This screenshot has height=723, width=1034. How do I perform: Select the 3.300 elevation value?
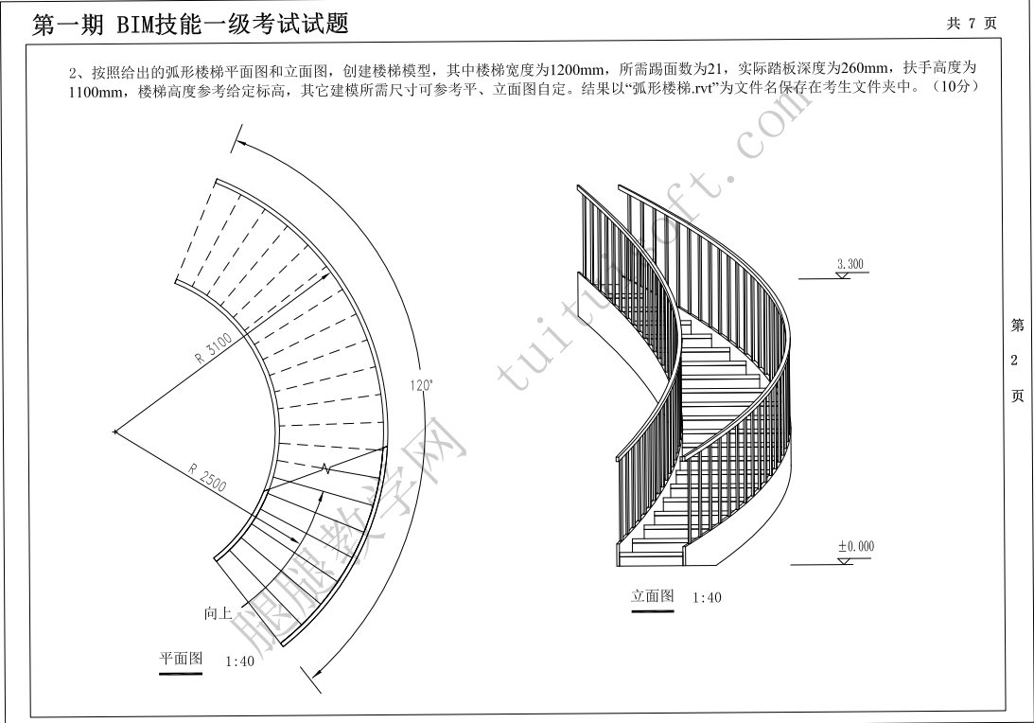coord(850,265)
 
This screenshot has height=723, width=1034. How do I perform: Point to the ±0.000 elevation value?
coord(855,546)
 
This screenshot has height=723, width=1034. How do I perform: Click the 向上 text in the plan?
coord(218,613)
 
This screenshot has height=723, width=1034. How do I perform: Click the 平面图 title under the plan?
coord(181,659)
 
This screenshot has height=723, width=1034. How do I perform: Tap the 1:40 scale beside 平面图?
coord(239,661)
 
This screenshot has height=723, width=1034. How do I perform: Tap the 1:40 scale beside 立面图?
coord(707,598)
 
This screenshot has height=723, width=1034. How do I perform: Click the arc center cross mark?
coord(115,432)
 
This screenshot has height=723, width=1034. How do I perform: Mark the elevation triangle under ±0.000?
coord(844,560)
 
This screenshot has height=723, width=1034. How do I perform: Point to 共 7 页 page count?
coord(971,24)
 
